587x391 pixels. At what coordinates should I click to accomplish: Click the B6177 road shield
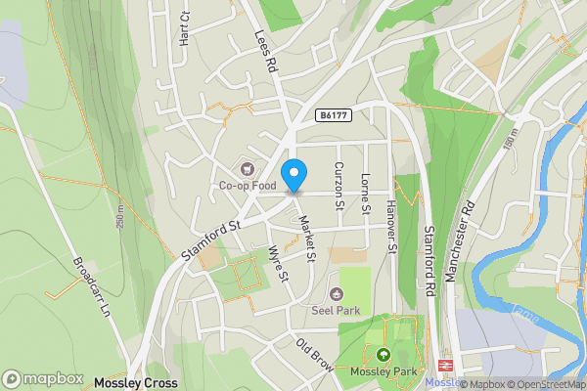click(334, 115)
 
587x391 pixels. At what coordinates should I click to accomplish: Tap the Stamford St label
click(211, 240)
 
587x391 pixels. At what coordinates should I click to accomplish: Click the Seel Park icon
click(337, 294)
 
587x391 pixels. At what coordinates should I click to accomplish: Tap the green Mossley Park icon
click(383, 354)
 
